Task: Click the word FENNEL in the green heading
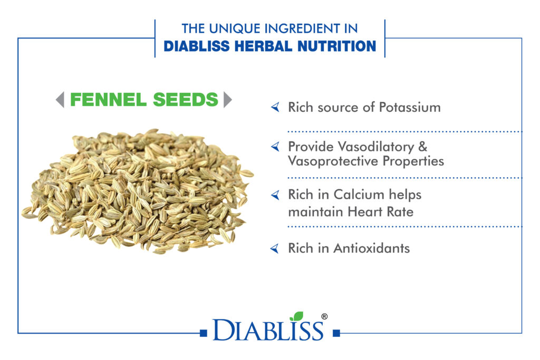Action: point(109,100)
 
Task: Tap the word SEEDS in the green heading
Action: point(186,100)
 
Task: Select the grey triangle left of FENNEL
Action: point(60,100)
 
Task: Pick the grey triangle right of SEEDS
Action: point(228,100)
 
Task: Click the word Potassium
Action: point(410,108)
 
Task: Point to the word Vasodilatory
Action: point(375,147)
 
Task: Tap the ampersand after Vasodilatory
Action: point(423,147)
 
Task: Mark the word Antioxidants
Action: point(372,248)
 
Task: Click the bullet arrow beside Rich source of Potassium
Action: point(275,107)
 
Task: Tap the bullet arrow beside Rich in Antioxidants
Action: point(275,248)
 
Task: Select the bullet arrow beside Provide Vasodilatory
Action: point(275,147)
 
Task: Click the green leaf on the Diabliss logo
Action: point(296,316)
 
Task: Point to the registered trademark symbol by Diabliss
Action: point(324,316)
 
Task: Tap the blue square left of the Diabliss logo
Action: point(204,333)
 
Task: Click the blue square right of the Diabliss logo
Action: point(336,333)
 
